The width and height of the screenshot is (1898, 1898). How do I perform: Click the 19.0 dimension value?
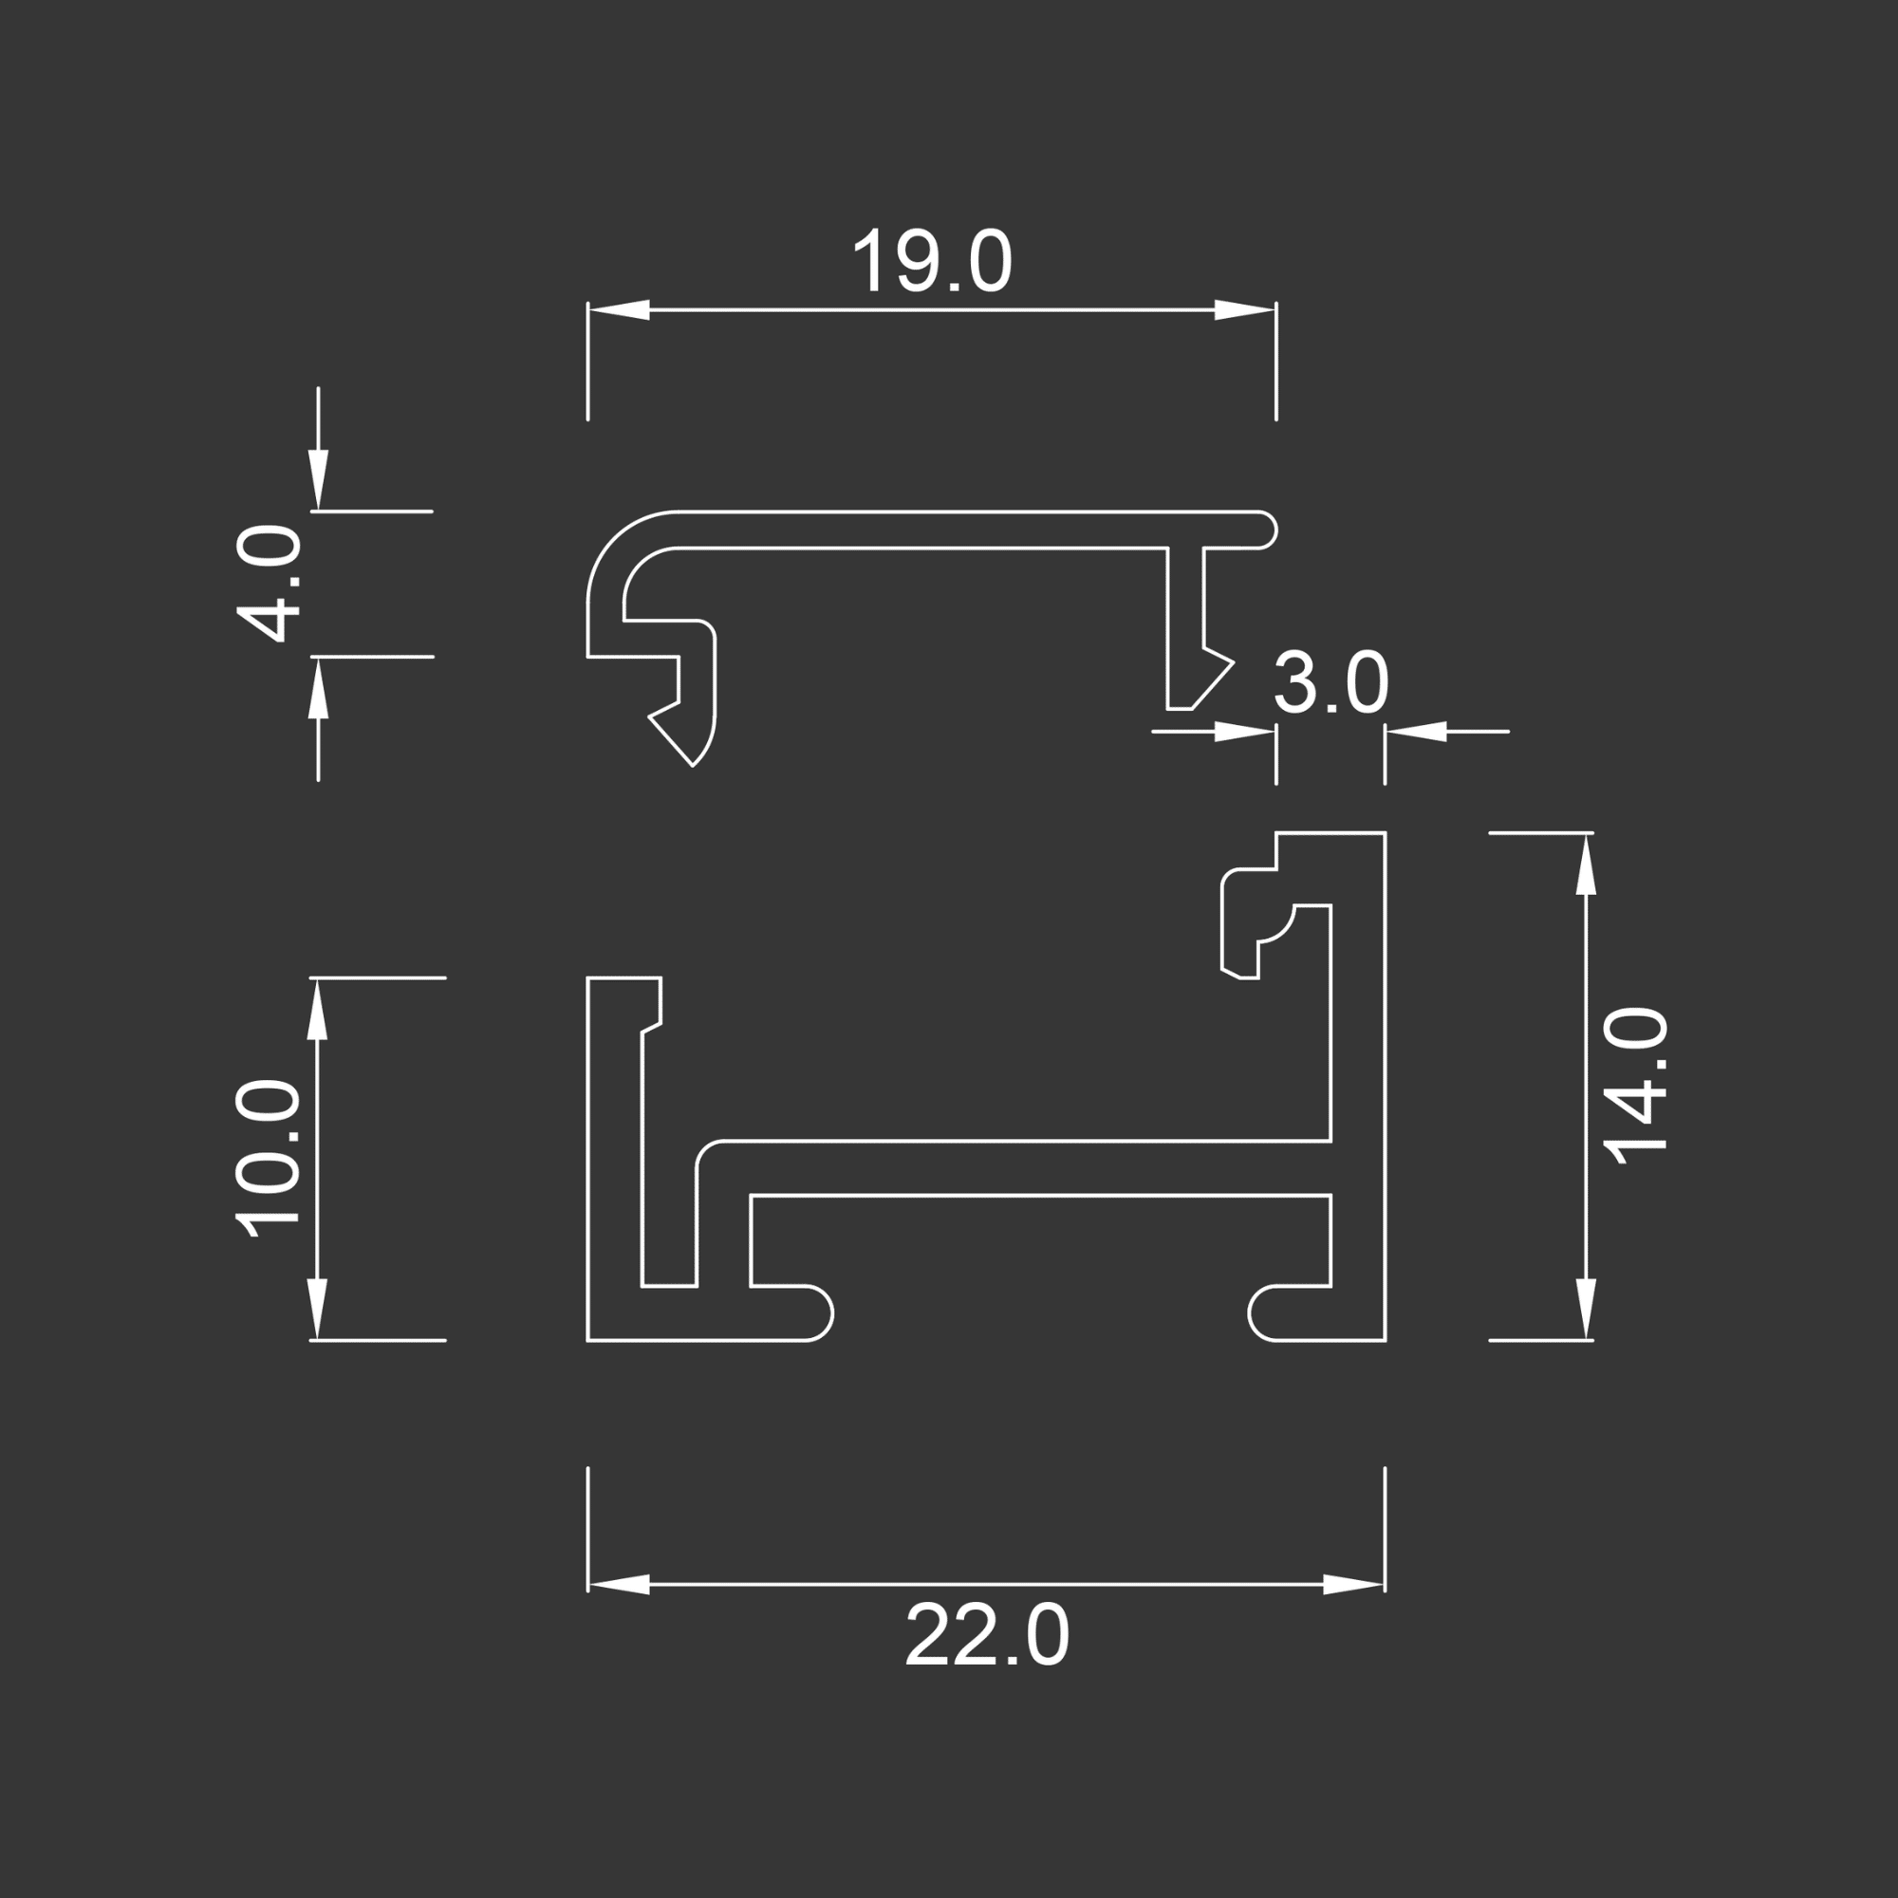click(x=931, y=262)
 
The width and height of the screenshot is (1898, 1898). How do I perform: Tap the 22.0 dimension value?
click(x=986, y=1636)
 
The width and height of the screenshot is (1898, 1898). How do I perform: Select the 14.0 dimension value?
click(x=1636, y=1085)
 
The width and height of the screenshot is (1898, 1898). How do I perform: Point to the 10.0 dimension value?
click(x=269, y=1158)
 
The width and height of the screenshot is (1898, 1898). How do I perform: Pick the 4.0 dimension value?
click(x=269, y=584)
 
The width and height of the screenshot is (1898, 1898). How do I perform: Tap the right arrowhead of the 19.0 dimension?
click(x=1245, y=309)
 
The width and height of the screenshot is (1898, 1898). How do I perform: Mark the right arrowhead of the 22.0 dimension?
click(x=1354, y=1585)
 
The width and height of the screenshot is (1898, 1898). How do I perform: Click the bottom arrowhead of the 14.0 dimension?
click(x=1586, y=1309)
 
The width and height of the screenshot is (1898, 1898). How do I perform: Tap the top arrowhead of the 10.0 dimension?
click(x=316, y=1010)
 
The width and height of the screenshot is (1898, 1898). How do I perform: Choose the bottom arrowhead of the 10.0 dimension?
click(x=316, y=1309)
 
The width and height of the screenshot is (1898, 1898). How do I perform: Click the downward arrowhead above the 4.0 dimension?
click(x=318, y=480)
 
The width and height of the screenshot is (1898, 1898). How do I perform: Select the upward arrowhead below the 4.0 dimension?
click(x=318, y=688)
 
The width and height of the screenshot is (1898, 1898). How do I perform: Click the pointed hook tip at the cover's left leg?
click(x=692, y=764)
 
